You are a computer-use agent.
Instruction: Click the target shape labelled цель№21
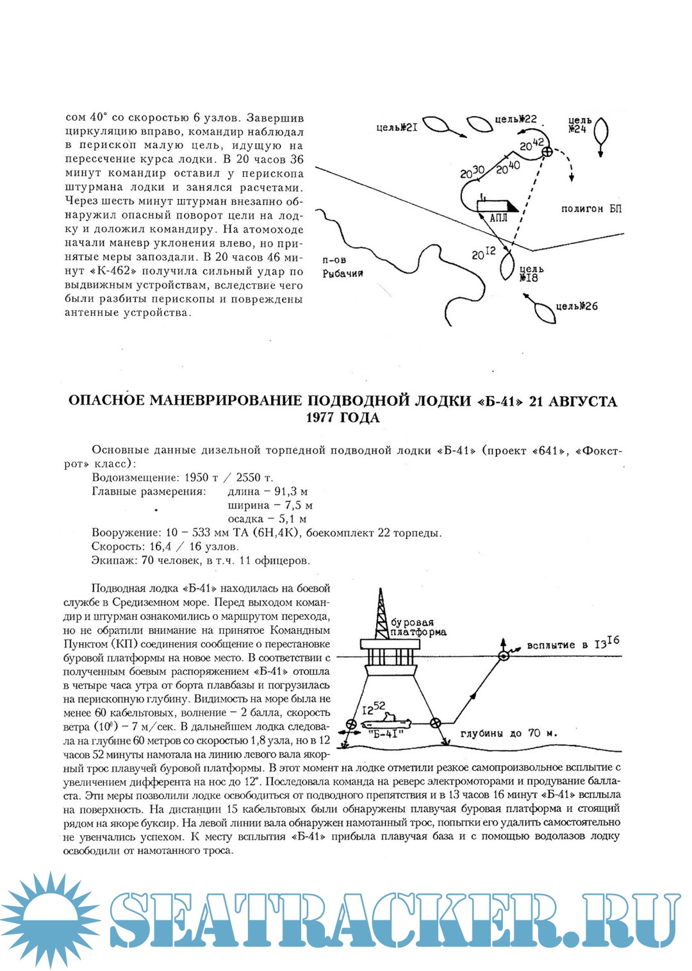(x=437, y=124)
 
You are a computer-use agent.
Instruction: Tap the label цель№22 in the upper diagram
(x=515, y=119)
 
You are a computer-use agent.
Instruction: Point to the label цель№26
(x=576, y=306)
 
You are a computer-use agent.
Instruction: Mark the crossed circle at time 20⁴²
(x=547, y=151)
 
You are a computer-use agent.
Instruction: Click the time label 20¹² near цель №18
(x=483, y=254)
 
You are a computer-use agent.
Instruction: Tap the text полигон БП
(x=591, y=209)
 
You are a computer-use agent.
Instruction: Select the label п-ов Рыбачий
(x=342, y=267)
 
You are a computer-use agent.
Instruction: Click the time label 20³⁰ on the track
(x=472, y=172)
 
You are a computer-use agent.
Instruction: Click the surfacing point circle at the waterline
(x=504, y=656)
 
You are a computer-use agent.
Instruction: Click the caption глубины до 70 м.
(x=508, y=733)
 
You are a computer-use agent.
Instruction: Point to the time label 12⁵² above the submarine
(x=374, y=708)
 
